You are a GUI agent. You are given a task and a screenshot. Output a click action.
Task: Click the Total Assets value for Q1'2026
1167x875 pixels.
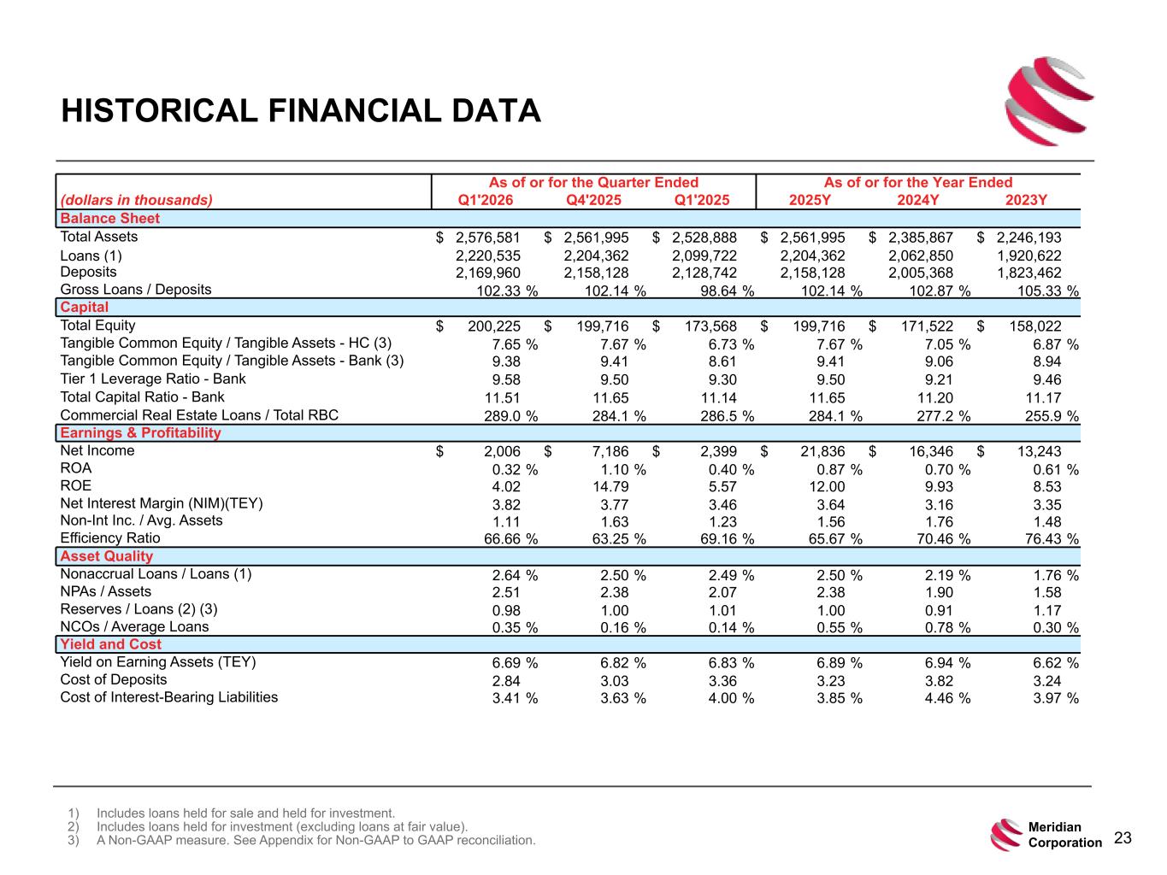click(487, 238)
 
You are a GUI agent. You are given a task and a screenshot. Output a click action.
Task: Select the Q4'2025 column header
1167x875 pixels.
click(593, 200)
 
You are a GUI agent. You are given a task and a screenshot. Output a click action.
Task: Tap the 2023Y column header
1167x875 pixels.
click(1026, 200)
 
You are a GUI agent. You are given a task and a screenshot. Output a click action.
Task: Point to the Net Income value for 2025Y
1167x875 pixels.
click(822, 451)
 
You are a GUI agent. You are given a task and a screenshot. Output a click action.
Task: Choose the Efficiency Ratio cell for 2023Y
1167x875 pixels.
click(1051, 539)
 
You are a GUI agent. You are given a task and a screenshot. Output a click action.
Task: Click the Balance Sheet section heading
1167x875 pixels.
click(110, 219)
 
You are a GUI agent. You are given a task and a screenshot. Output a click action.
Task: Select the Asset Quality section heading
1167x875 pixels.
click(106, 556)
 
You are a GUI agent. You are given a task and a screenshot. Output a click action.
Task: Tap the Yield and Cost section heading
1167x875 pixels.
click(110, 644)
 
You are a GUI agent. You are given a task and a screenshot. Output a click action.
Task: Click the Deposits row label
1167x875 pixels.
click(88, 272)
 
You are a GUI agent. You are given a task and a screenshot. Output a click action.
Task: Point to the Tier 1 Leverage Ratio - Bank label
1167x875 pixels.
click(153, 379)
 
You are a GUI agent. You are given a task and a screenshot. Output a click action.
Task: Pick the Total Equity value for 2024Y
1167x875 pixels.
click(927, 326)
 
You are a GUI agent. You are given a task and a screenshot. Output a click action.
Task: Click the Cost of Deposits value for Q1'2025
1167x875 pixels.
click(722, 681)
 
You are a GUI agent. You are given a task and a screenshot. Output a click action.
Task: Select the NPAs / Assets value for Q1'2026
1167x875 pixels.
click(506, 592)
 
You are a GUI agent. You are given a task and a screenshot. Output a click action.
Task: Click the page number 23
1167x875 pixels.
click(1123, 837)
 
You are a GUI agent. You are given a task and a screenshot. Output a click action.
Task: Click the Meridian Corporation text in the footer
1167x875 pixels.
click(1064, 835)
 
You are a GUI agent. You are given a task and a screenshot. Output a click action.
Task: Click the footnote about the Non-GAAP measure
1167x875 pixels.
click(315, 841)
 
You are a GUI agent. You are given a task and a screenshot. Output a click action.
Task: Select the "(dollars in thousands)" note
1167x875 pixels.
click(137, 200)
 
